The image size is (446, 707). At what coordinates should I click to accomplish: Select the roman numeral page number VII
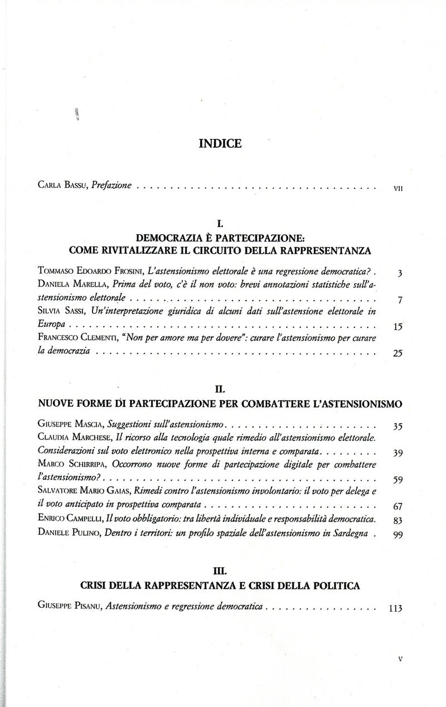point(398,188)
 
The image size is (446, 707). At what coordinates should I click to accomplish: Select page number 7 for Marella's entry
point(399,301)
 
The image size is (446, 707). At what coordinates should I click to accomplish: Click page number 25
point(397,353)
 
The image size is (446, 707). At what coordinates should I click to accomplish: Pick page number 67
point(397,506)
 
